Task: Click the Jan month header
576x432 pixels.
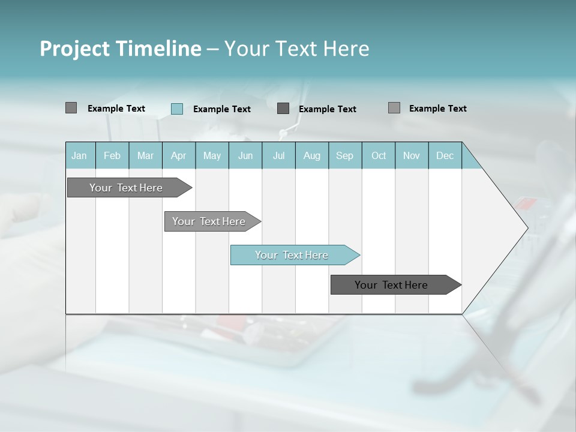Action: pos(79,156)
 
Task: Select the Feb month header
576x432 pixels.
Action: pos(112,156)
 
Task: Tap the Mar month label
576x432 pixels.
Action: pos(145,156)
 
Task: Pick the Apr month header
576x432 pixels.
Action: pos(178,156)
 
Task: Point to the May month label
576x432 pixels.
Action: pos(212,156)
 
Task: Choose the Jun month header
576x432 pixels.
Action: pos(245,156)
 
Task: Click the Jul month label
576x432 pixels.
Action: pos(278,156)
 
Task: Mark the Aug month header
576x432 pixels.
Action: pos(312,156)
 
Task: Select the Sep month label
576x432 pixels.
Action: pos(345,156)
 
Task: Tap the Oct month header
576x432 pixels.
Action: pos(379,156)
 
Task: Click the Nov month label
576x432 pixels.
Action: pos(412,156)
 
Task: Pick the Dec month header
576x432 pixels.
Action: pos(445,156)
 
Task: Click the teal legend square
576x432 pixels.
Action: pos(177,109)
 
